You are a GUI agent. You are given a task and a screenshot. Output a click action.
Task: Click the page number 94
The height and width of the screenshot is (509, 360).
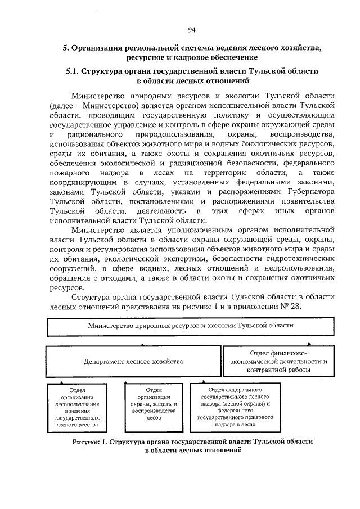click(191, 30)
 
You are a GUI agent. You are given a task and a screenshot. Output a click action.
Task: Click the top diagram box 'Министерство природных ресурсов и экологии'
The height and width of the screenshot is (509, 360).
click(191, 326)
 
